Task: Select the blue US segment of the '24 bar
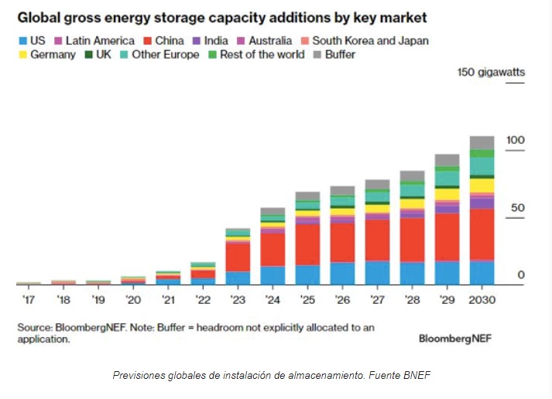(x=273, y=275)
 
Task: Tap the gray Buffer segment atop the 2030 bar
(x=482, y=142)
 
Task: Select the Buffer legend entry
(x=334, y=55)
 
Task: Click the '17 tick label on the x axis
(x=29, y=298)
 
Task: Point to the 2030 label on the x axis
(x=482, y=298)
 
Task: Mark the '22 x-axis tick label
(x=203, y=298)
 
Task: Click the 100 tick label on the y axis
(x=516, y=140)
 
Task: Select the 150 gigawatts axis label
(x=491, y=73)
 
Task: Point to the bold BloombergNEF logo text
(x=455, y=338)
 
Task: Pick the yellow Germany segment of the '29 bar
(x=447, y=193)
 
